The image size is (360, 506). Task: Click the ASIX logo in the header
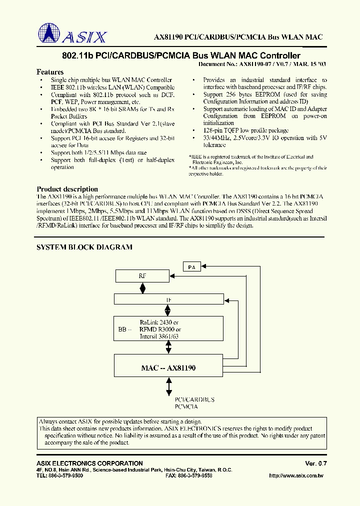point(72,34)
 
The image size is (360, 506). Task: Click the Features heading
point(50,72)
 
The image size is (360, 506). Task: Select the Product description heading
point(67,189)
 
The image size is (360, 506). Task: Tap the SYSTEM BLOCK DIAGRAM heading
point(84,247)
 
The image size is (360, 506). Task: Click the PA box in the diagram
point(192,267)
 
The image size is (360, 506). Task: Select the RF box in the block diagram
point(142,275)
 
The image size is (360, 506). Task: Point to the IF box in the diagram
point(168,299)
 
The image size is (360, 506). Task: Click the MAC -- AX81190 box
point(168,367)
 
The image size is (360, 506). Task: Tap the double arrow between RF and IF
point(143,288)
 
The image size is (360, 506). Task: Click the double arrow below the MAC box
point(168,386)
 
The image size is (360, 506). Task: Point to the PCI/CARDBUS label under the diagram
point(194,399)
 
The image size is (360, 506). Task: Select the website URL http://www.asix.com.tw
point(296,475)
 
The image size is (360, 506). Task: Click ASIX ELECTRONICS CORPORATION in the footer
point(89,463)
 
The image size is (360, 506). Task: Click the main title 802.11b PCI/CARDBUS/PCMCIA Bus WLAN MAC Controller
point(181,56)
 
